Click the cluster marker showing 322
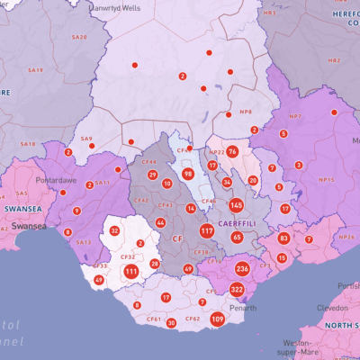(237, 289)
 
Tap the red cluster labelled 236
(242, 269)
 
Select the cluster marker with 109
(218, 319)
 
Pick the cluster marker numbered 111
(131, 271)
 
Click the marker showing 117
(207, 231)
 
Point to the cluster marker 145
(236, 205)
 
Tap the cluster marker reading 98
(187, 174)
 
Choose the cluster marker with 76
(232, 152)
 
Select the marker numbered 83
(283, 238)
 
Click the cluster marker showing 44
(160, 222)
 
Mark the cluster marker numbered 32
(114, 230)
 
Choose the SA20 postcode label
(79, 37)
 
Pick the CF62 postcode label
(193, 319)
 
